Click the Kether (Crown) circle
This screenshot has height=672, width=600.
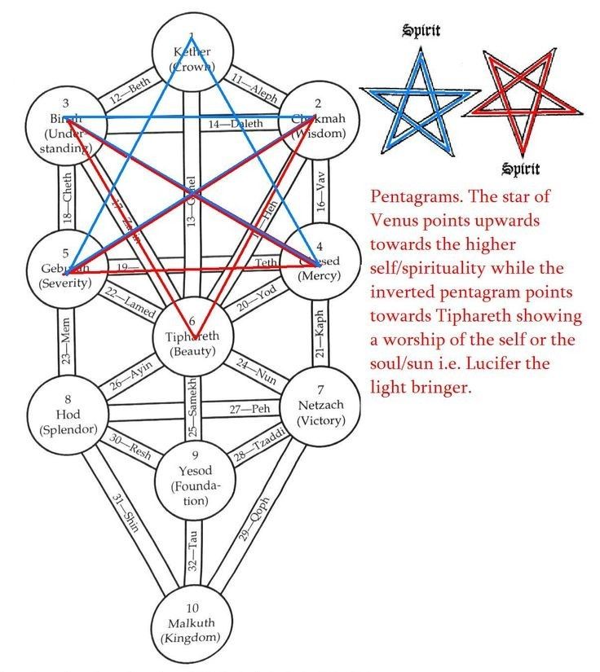point(191,55)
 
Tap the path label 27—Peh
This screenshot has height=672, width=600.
point(249,408)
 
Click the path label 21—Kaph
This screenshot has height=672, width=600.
point(320,334)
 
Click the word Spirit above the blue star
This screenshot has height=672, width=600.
point(421,31)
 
